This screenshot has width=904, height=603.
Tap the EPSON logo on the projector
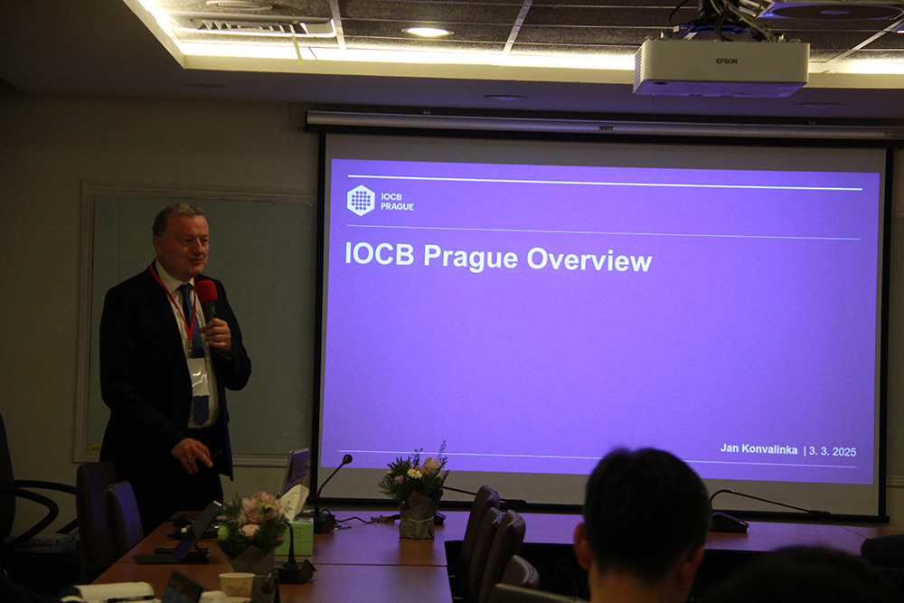click(x=727, y=61)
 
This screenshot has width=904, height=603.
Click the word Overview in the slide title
click(x=589, y=259)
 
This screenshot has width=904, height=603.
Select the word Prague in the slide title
click(x=470, y=257)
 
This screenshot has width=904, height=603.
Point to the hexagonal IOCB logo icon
click(x=361, y=200)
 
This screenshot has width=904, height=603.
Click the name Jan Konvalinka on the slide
click(x=758, y=449)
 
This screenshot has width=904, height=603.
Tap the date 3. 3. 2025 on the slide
click(x=833, y=451)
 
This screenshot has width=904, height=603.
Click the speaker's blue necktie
click(x=194, y=352)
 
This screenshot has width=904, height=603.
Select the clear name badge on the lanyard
click(x=198, y=376)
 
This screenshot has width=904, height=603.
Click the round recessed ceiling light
click(x=428, y=32)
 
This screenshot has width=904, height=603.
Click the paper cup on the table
click(x=236, y=585)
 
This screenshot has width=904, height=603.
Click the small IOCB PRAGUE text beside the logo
click(x=397, y=202)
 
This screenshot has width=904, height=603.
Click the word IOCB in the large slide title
click(x=380, y=254)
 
